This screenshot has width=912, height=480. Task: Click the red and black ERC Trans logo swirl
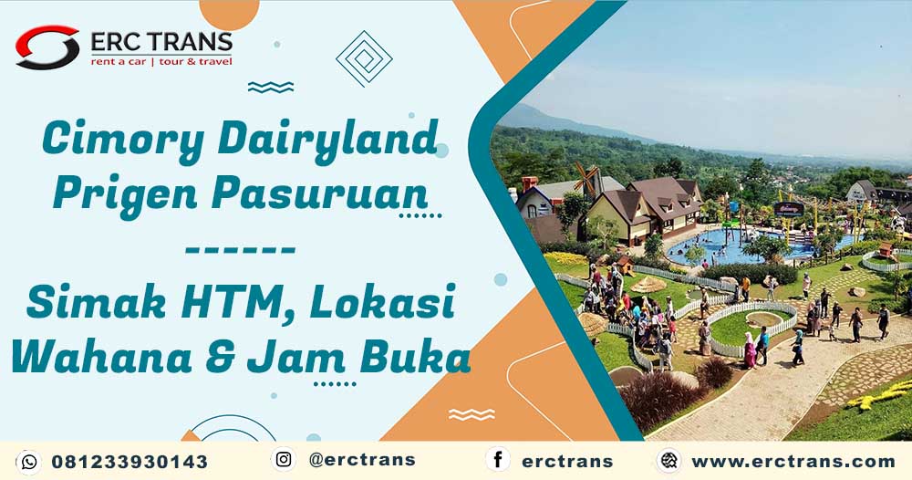click(x=47, y=47)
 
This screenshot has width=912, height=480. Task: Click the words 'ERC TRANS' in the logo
click(x=161, y=42)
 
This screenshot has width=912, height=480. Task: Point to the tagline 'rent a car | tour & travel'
click(x=161, y=62)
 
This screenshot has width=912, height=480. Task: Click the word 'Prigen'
click(x=126, y=193)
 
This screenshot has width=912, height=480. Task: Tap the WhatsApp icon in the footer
click(x=28, y=462)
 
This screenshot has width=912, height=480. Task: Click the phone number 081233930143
click(x=130, y=462)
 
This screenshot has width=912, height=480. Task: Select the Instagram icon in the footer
click(x=284, y=460)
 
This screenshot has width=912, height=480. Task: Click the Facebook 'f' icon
click(x=498, y=460)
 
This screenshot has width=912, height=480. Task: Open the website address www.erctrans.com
click(x=793, y=462)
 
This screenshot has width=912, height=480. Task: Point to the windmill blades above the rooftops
click(x=586, y=179)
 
